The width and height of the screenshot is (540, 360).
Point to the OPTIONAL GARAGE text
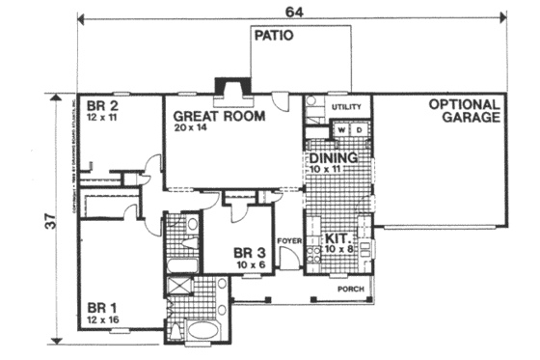[465, 111]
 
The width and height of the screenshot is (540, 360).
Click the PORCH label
[348, 289]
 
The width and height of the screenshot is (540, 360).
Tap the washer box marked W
[339, 129]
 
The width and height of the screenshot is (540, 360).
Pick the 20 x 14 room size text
[197, 126]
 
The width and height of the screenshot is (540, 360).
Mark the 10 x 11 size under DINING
[328, 169]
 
